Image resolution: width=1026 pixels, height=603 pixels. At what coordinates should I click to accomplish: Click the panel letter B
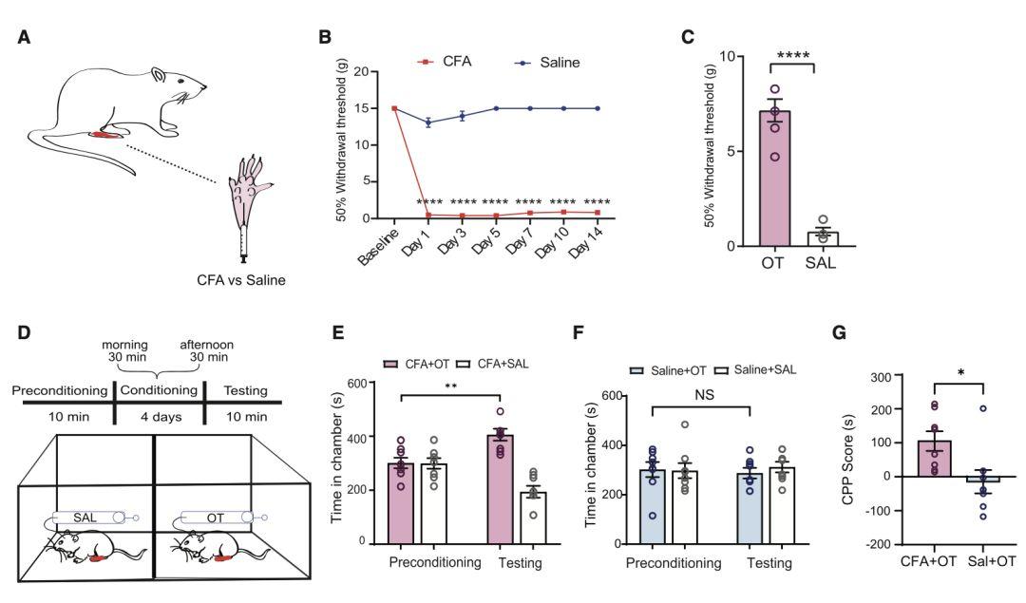pos(325,37)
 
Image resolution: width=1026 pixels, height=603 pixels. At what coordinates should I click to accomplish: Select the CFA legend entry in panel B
pos(455,62)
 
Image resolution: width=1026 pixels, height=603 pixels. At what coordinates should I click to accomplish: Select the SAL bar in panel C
pos(823,238)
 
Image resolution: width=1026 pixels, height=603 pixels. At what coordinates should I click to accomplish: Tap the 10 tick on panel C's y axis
pos(731,56)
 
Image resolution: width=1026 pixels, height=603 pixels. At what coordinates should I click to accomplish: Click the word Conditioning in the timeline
pos(158,389)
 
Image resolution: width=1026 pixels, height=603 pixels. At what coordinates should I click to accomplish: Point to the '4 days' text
pos(158,417)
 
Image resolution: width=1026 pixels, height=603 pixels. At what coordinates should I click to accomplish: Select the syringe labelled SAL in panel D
pos(90,518)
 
